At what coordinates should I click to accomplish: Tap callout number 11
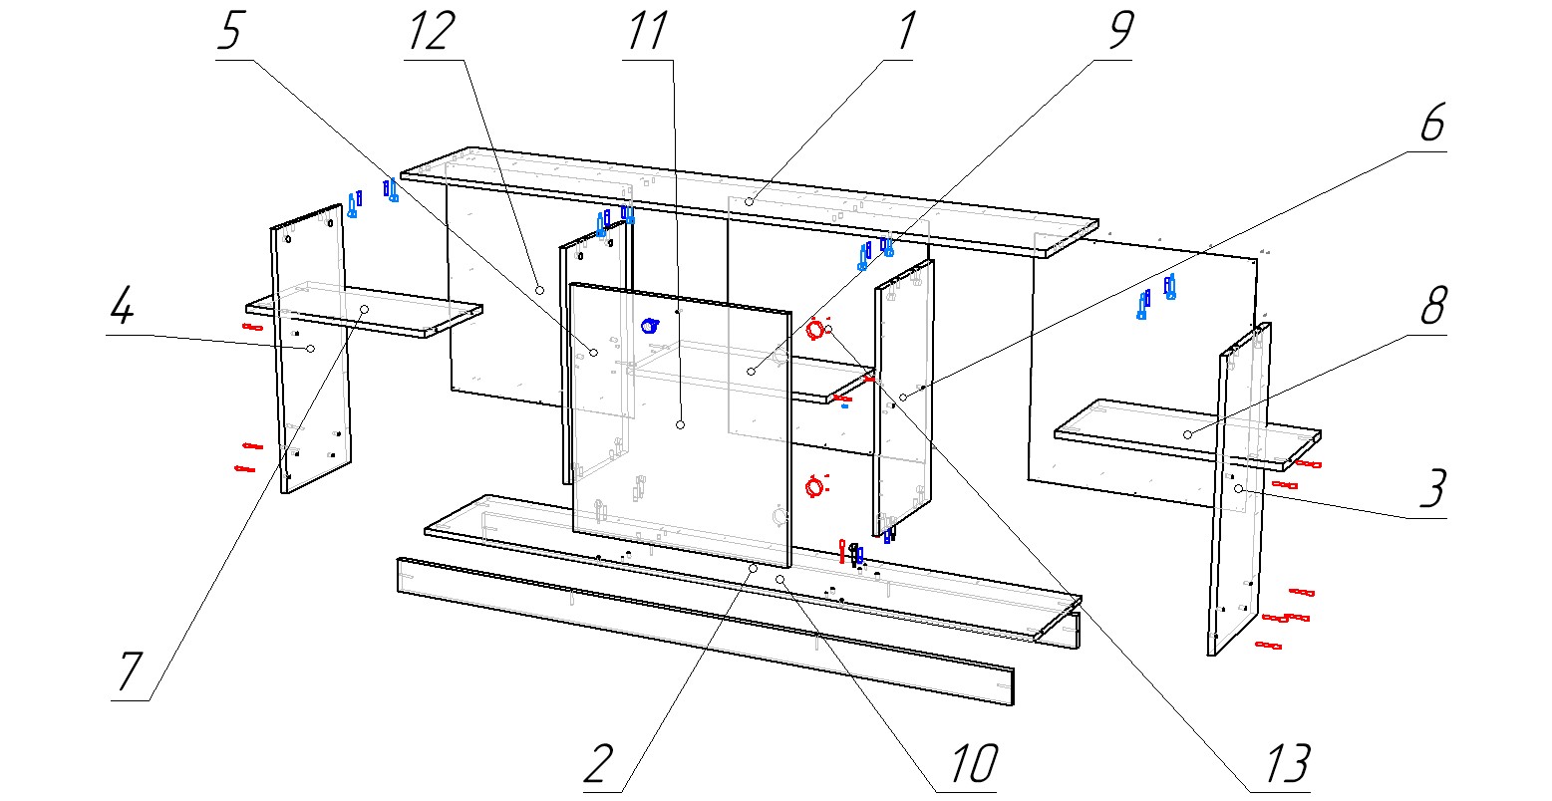pyautogui.click(x=646, y=34)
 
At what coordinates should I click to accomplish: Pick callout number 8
pyautogui.click(x=1431, y=310)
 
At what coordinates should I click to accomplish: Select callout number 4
pyautogui.click(x=122, y=310)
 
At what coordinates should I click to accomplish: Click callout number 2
pyautogui.click(x=598, y=765)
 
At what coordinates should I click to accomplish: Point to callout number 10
pyautogui.click(x=967, y=765)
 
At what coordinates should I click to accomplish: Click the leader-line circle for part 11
pyautogui.click(x=680, y=424)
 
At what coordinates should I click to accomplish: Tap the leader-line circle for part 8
pyautogui.click(x=1187, y=435)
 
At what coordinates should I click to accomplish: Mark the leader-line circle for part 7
pyautogui.click(x=365, y=310)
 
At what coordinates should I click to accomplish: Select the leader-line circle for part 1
pyautogui.click(x=748, y=202)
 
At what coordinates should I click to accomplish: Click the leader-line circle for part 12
pyautogui.click(x=538, y=289)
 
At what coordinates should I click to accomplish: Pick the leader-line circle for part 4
pyautogui.click(x=311, y=349)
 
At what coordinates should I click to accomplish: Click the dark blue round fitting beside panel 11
pyautogui.click(x=649, y=325)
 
